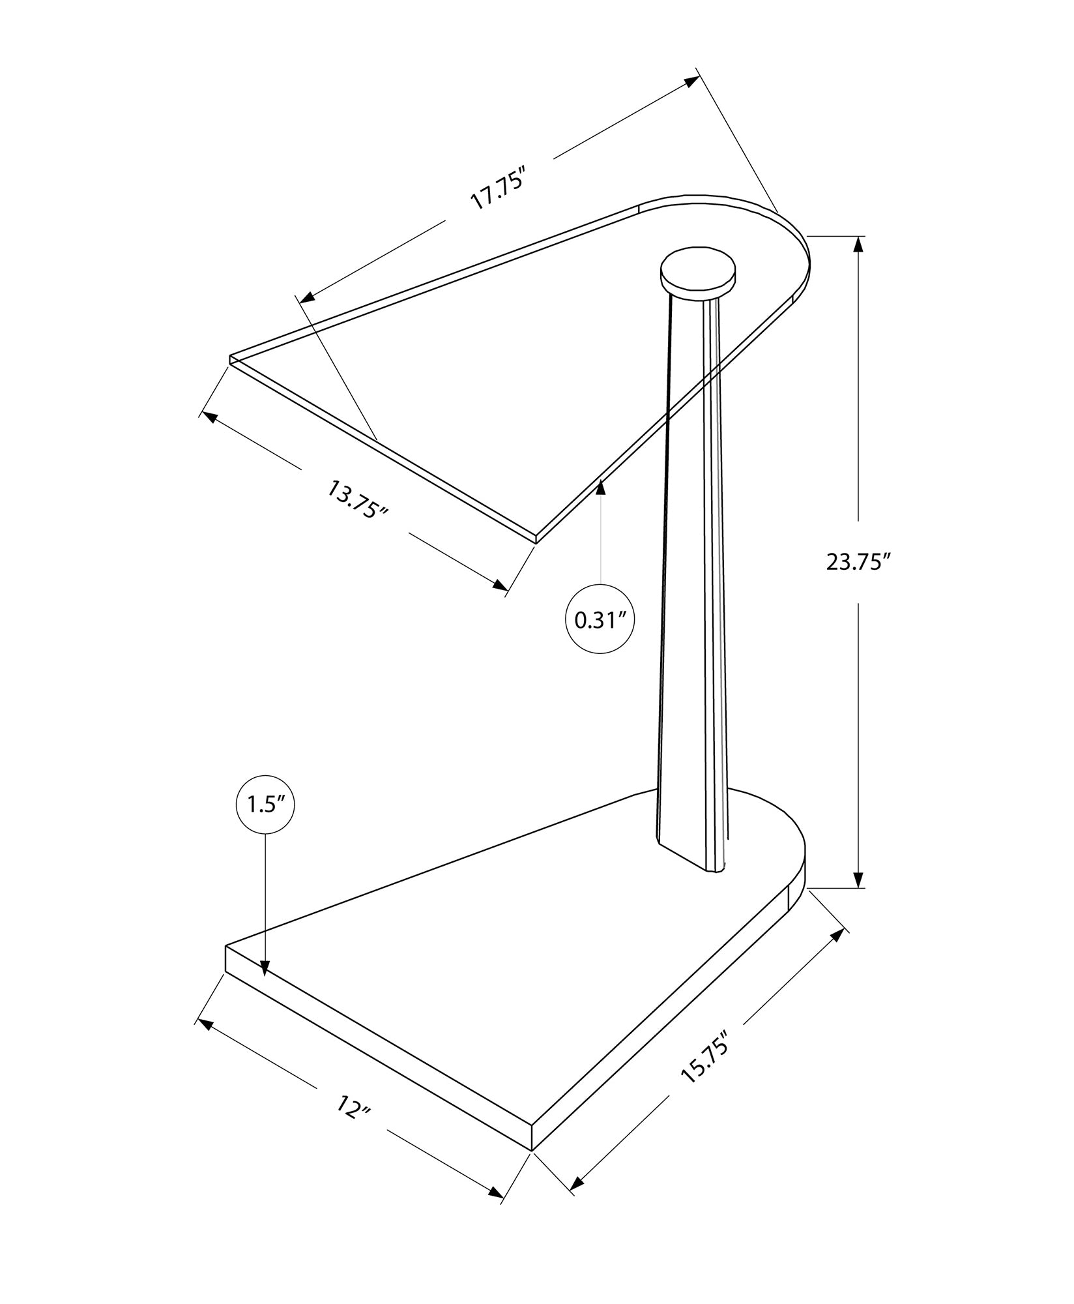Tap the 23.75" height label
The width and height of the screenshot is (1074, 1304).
click(858, 562)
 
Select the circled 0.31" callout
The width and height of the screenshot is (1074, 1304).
click(600, 620)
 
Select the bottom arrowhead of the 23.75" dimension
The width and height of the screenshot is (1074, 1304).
click(858, 878)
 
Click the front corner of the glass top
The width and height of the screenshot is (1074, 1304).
click(536, 540)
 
